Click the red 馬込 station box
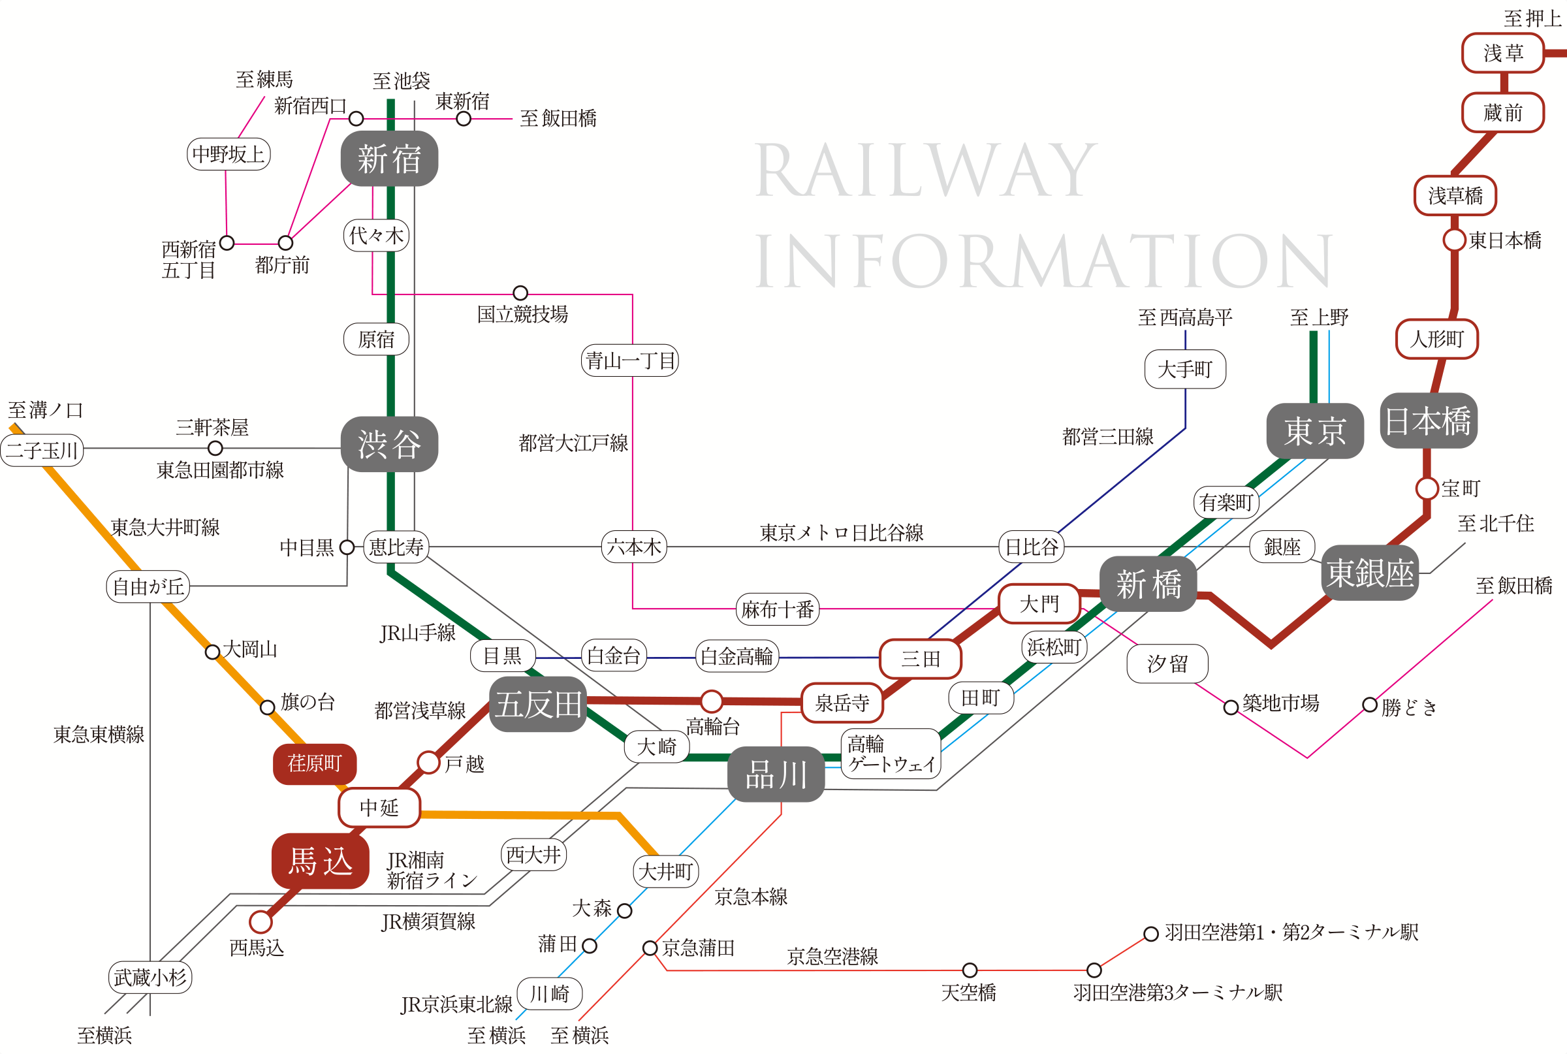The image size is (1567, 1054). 321,861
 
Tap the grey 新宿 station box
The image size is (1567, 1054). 389,159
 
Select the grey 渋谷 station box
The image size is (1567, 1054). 389,444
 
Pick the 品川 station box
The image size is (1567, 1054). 776,775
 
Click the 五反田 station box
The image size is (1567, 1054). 538,705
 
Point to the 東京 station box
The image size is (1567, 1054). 1314,431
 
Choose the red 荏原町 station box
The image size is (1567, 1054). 315,763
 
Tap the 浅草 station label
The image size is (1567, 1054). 1503,53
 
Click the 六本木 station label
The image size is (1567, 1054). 633,547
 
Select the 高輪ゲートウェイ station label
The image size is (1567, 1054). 891,754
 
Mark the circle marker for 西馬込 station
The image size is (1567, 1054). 261,921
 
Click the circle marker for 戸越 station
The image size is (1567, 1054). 428,762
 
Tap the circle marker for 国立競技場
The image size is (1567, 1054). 520,293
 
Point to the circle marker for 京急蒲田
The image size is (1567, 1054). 650,948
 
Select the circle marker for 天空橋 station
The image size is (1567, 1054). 970,970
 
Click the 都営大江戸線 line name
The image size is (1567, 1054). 573,443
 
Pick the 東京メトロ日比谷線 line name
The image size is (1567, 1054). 842,533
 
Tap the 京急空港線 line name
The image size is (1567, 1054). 832,957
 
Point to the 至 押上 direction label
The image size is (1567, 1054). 1532,18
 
